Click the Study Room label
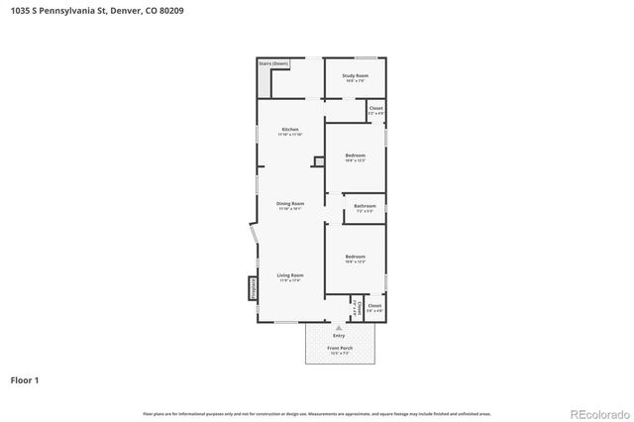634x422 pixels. pyautogui.click(x=356, y=76)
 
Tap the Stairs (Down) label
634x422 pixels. pyautogui.click(x=273, y=63)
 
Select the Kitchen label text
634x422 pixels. pyautogui.click(x=290, y=130)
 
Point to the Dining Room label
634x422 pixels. pyautogui.click(x=290, y=204)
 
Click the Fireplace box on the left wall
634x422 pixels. pyautogui.click(x=253, y=288)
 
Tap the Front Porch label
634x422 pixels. pyautogui.click(x=341, y=348)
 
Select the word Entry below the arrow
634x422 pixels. pyautogui.click(x=340, y=336)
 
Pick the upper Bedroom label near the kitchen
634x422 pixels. pyautogui.click(x=356, y=156)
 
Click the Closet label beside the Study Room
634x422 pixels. pyautogui.click(x=375, y=109)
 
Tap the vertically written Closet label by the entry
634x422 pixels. pyautogui.click(x=353, y=308)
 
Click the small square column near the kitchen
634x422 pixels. pyautogui.click(x=318, y=161)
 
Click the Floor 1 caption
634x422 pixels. pyautogui.click(x=24, y=379)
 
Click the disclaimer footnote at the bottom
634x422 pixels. pyautogui.click(x=317, y=413)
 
